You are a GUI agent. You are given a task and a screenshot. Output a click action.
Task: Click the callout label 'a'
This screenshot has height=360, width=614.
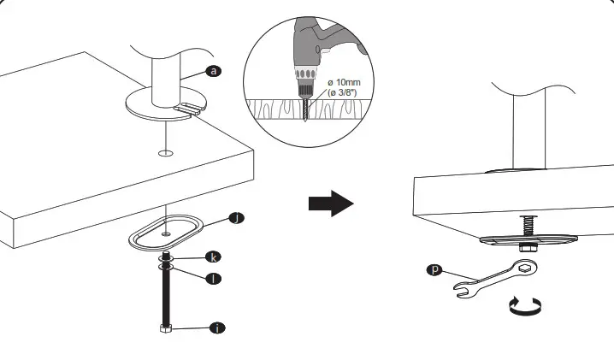pos(214,72)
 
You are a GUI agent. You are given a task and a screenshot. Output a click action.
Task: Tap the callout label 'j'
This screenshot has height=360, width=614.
pos(237,218)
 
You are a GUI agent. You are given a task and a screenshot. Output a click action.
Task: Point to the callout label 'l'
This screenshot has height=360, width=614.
pos(217,278)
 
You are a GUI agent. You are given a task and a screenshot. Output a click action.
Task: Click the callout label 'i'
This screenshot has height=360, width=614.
pos(217,328)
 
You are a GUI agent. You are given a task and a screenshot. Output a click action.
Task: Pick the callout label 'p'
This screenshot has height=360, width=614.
pos(435,270)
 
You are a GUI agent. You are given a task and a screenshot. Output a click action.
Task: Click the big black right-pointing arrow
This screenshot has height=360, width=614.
pos(329,204)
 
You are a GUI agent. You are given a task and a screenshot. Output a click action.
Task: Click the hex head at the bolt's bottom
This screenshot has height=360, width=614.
pos(163,328)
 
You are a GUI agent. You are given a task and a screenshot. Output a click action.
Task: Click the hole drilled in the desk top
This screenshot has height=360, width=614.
pos(165,154)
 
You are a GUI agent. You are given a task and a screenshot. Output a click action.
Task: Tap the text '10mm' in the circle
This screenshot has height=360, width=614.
pos(350,82)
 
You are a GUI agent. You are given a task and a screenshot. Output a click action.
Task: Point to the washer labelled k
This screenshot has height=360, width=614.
pos(164,257)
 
